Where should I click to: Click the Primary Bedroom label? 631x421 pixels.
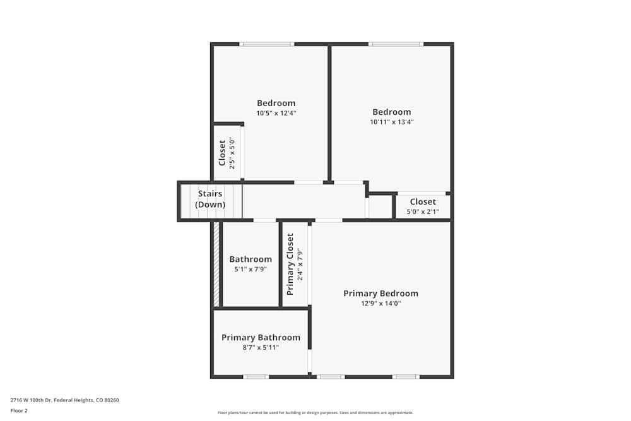(x=380, y=294)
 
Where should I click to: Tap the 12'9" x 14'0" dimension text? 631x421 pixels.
(x=380, y=304)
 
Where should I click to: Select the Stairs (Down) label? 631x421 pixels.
(x=210, y=199)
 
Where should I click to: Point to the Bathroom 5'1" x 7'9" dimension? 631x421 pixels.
(x=251, y=269)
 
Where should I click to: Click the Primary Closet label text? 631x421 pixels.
(x=290, y=264)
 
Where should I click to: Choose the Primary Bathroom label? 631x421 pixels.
(x=261, y=338)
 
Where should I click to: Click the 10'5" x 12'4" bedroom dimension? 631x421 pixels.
(x=276, y=114)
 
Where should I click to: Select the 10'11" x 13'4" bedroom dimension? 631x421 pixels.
(x=391, y=122)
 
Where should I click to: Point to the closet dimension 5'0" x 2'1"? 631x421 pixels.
(x=423, y=212)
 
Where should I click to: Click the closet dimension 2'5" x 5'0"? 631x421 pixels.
(x=232, y=153)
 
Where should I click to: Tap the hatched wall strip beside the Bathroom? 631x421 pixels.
(x=216, y=264)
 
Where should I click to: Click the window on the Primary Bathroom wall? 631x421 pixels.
(x=256, y=377)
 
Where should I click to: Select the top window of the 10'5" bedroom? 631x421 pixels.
(x=266, y=44)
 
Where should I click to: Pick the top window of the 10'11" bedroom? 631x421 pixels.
(x=396, y=44)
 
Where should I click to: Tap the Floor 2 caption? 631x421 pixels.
(x=20, y=410)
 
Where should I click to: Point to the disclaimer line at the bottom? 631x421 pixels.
(x=315, y=413)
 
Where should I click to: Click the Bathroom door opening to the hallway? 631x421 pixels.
(x=264, y=220)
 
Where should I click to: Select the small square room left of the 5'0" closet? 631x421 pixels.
(x=380, y=206)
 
